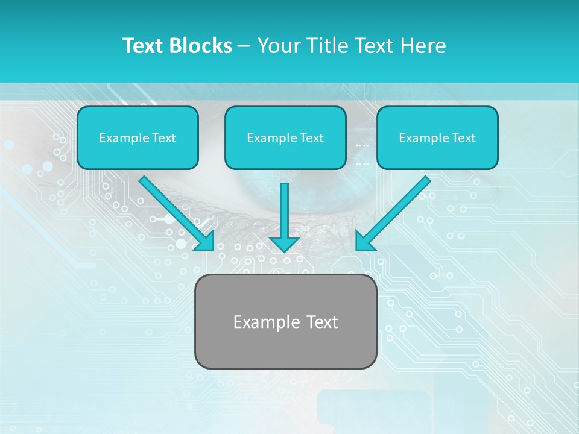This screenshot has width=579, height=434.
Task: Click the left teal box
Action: [138, 138]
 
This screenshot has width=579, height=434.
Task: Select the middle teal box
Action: [285, 138]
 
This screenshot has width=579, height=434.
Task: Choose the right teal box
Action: [437, 138]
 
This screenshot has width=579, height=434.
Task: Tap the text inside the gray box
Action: [285, 322]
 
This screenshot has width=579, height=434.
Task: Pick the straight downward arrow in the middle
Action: [285, 211]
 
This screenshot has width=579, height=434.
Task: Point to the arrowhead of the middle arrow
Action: [285, 244]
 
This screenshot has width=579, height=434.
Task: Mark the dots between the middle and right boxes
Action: [362, 154]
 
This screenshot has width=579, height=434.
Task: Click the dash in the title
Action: [244, 46]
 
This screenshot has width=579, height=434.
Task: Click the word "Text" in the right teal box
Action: [464, 138]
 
